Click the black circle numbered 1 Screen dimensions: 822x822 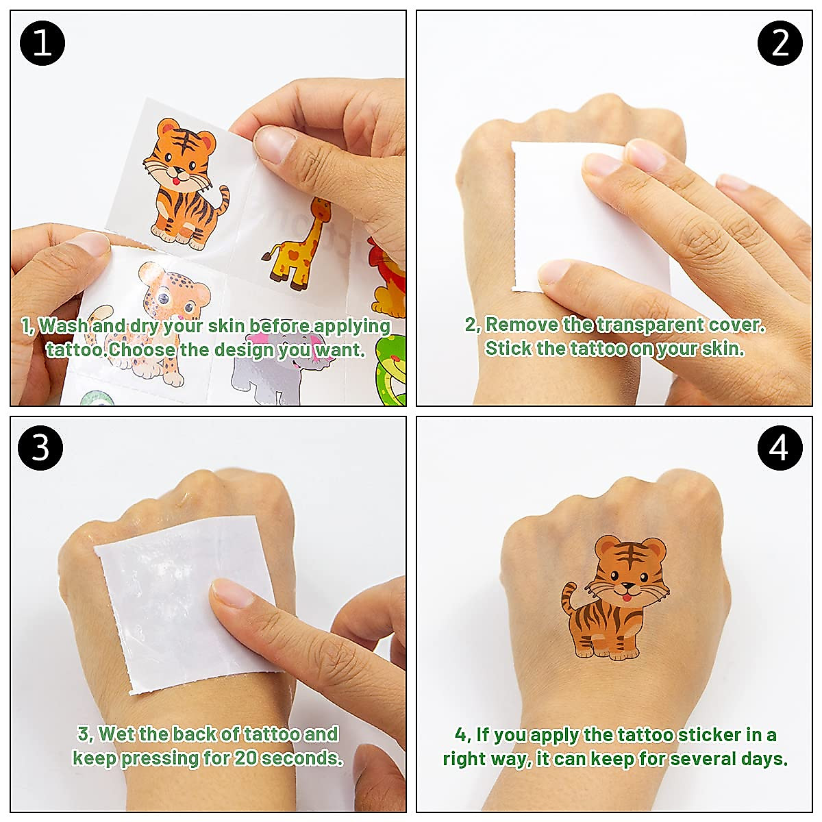pyautogui.click(x=42, y=42)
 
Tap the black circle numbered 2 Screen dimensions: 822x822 pyautogui.click(x=780, y=42)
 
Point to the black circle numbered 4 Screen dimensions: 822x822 pyautogui.click(x=780, y=448)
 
